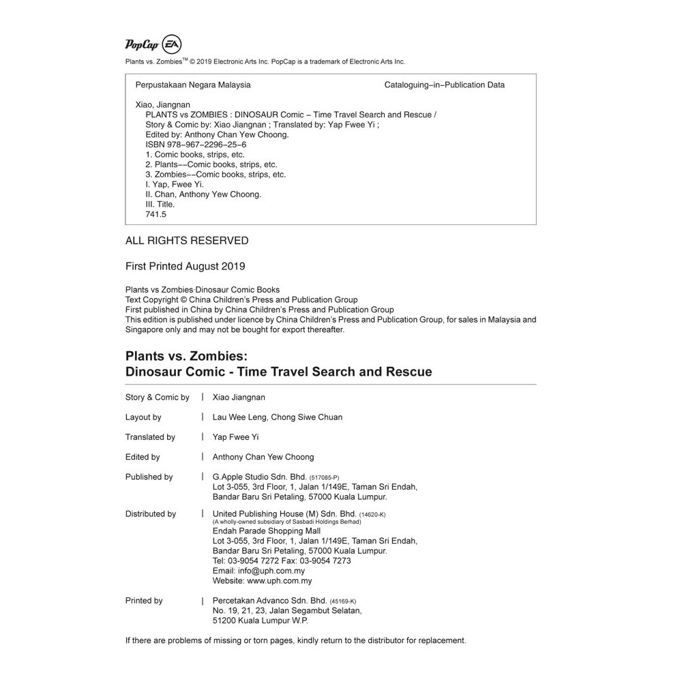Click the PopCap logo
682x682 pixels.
(142, 45)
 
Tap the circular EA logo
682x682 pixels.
(171, 44)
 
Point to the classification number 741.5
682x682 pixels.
(156, 214)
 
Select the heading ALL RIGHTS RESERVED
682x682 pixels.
(187, 241)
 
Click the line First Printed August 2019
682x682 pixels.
(186, 267)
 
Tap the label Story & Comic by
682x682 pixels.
(158, 398)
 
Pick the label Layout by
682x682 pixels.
(143, 417)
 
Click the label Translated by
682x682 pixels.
(150, 437)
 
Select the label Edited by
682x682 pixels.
(143, 457)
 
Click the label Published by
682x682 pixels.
(149, 477)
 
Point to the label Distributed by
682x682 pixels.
(151, 514)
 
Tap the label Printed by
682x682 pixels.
(144, 601)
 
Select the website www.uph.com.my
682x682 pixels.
(280, 581)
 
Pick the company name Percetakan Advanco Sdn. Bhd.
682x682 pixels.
(271, 601)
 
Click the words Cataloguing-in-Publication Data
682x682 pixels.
(445, 85)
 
